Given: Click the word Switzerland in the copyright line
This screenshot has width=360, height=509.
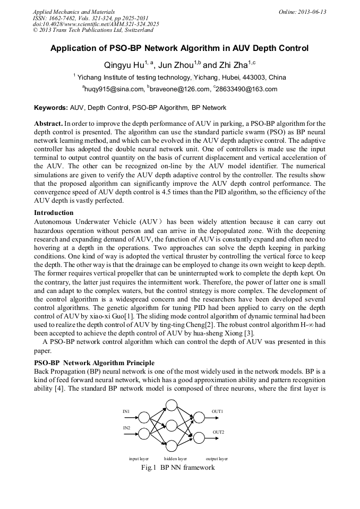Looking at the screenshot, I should pyautogui.click(x=133, y=31).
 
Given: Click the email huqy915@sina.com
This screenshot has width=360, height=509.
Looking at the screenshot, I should pyautogui.click(x=113, y=89).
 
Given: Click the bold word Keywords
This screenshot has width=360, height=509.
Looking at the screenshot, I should pyautogui.click(x=50, y=107).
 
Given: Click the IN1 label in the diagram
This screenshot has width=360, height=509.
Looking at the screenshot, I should pyautogui.click(x=126, y=411).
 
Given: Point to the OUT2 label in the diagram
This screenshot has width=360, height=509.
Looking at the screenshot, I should pyautogui.click(x=218, y=433).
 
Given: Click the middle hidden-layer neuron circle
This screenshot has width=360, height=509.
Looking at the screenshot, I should pyautogui.click(x=171, y=426).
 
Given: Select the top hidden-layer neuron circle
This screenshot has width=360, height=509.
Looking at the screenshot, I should pyautogui.click(x=171, y=406).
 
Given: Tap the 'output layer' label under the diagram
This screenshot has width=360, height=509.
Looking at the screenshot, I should pyautogui.click(x=217, y=458).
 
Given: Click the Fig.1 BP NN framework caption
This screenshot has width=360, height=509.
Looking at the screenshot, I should pyautogui.click(x=177, y=468).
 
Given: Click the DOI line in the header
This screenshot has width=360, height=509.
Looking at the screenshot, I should pyautogui.click(x=96, y=24).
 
